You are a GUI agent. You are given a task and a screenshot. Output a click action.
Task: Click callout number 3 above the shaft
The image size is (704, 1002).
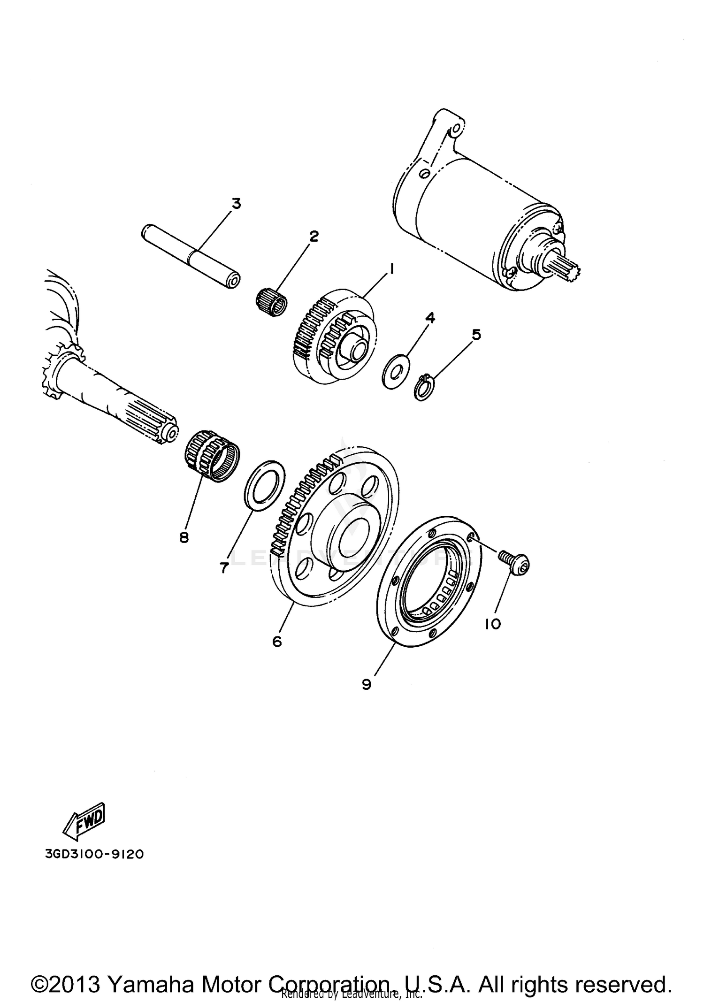[x=236, y=204]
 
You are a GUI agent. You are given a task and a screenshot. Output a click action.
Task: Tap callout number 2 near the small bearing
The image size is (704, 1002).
[x=314, y=236]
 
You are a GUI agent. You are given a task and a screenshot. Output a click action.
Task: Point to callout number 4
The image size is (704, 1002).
[x=430, y=318]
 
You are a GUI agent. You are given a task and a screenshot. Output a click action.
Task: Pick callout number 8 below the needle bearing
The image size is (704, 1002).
[x=184, y=537]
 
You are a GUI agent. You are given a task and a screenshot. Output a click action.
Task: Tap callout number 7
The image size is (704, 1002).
[x=224, y=568]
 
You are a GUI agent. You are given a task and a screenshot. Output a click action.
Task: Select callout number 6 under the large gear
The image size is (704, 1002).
[x=277, y=641]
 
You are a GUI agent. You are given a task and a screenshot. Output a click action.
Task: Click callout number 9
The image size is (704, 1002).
[x=367, y=684]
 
